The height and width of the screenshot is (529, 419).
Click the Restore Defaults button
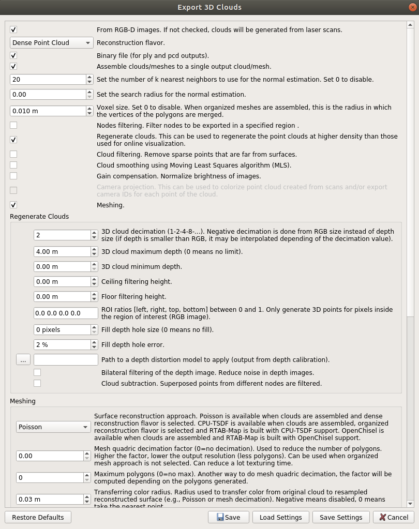38,517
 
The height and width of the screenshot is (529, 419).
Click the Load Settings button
281,517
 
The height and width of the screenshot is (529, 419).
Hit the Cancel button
393,517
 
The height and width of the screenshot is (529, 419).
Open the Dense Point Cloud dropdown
51,42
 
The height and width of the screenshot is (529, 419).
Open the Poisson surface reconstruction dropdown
53,427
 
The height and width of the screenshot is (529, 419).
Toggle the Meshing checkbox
13,205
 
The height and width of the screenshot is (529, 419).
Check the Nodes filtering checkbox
13,125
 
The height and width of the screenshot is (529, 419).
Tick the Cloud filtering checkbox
13,154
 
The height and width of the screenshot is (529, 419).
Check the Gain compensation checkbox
13,176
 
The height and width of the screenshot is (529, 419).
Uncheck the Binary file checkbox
13,55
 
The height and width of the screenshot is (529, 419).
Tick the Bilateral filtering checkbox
37,372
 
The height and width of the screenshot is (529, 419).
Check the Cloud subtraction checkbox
37,383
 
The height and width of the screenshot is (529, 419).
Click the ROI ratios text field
66,313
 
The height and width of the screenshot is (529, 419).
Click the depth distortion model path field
66,359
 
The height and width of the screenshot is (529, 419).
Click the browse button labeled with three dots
23,359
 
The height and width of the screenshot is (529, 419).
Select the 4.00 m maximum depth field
62,251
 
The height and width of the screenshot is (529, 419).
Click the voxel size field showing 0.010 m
48,111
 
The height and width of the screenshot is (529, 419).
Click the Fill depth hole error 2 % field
62,344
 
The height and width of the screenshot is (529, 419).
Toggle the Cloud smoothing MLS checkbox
13,165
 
